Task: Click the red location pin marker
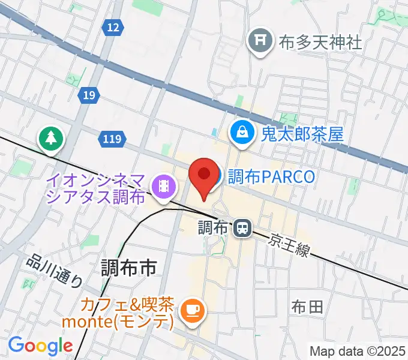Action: [203, 176]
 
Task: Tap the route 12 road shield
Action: [112, 27]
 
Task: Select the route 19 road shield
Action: [89, 95]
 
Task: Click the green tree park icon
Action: [51, 139]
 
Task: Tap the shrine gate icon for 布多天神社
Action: [260, 41]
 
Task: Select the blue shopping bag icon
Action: [242, 133]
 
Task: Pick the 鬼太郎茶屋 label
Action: [302, 133]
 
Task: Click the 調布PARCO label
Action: [271, 176]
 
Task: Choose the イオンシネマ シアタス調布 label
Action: [96, 188]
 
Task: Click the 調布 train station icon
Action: [242, 227]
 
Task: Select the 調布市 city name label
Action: [128, 268]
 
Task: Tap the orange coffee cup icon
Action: [192, 310]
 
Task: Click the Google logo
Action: [40, 346]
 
